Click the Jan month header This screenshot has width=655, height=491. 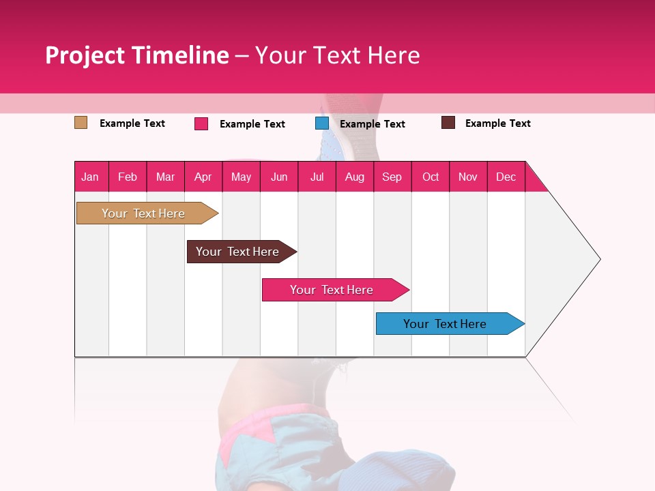(x=91, y=177)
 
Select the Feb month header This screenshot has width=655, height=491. (x=128, y=177)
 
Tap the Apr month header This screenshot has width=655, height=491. (x=203, y=177)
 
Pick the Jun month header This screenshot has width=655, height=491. (x=279, y=177)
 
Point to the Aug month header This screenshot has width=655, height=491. (x=354, y=177)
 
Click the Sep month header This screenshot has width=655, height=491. (x=392, y=177)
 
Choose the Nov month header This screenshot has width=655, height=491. (x=468, y=177)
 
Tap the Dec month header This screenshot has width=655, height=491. (x=506, y=177)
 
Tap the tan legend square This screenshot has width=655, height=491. (x=81, y=123)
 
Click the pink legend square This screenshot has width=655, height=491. (x=201, y=123)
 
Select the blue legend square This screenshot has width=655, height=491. (x=322, y=123)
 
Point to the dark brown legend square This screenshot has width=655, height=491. (x=448, y=123)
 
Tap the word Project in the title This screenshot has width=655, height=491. (x=85, y=55)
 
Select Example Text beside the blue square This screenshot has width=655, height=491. (x=372, y=124)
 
